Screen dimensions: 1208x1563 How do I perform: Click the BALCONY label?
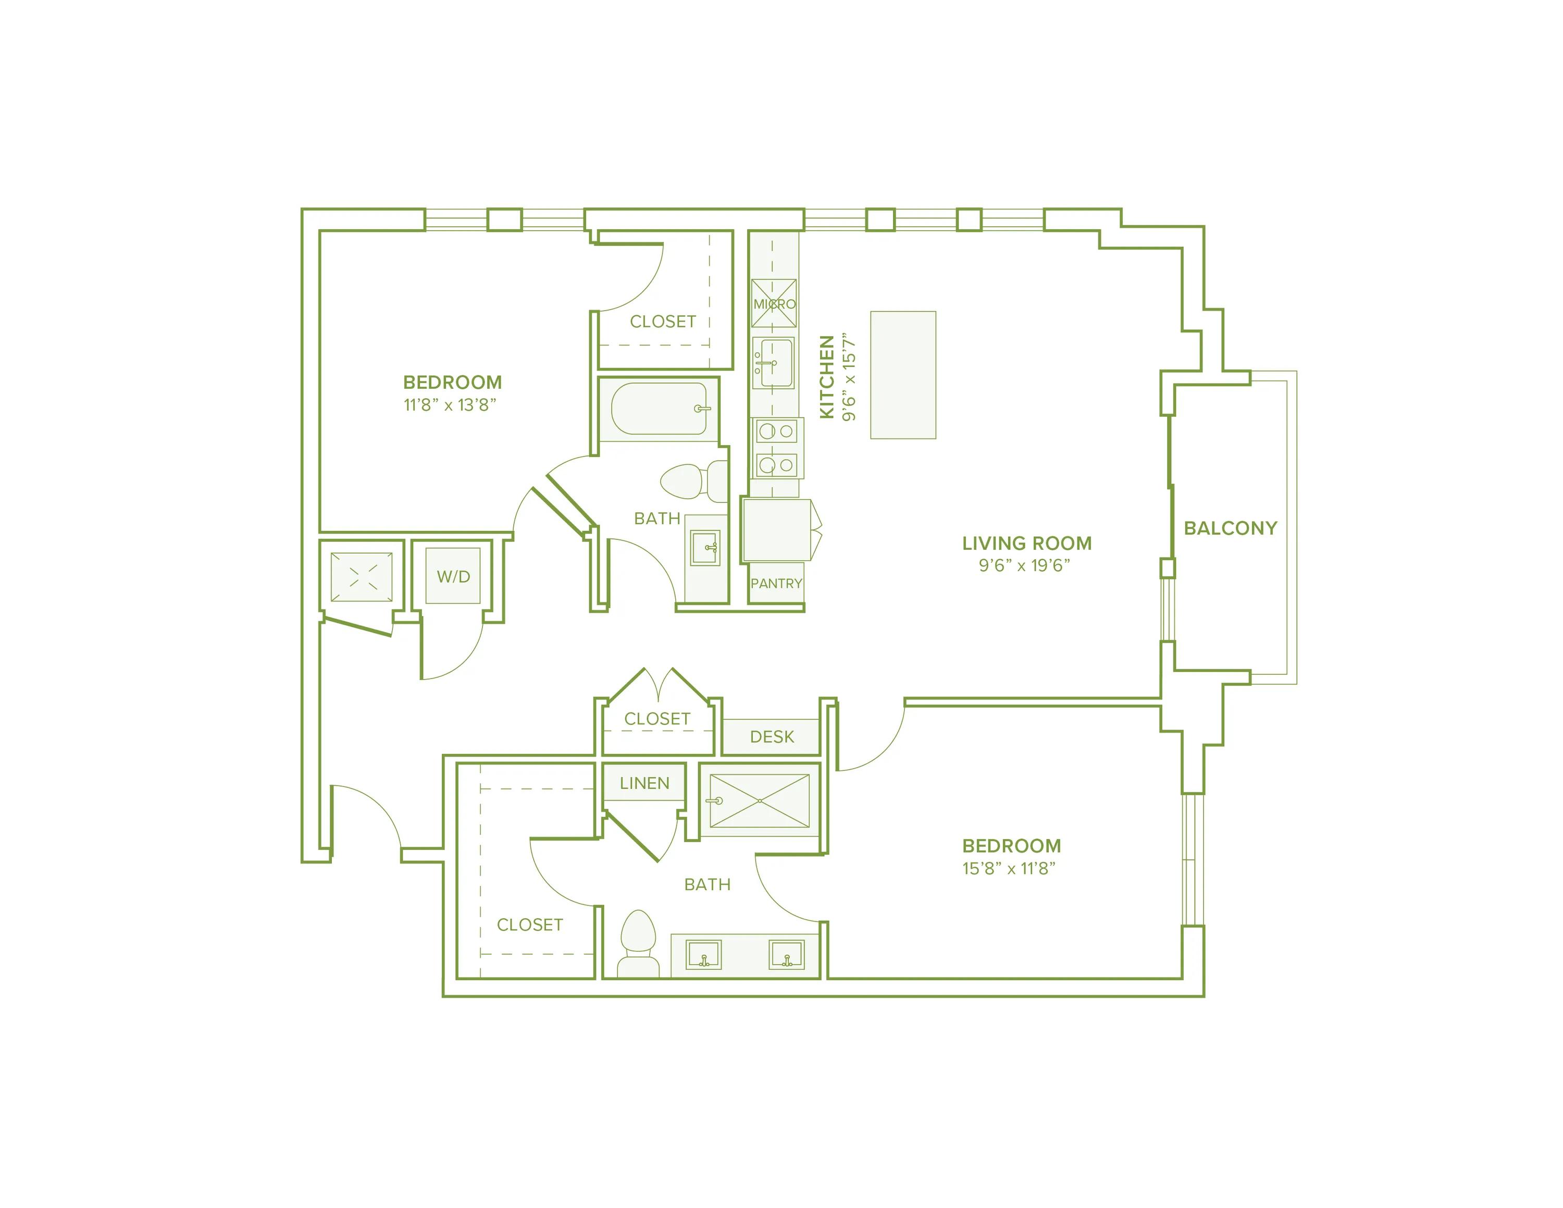1230,528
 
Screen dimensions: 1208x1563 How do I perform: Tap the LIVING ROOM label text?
1026,543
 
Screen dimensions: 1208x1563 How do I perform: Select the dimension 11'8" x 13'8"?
450,405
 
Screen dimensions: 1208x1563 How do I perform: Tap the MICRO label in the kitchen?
774,304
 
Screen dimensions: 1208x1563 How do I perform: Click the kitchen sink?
773,363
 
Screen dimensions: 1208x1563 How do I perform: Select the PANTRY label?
776,583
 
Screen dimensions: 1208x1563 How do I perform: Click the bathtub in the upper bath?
659,409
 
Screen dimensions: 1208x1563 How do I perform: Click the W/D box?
453,576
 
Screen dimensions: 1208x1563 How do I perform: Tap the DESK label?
772,736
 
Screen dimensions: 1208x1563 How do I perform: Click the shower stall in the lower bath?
759,801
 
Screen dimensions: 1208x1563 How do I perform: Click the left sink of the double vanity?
703,955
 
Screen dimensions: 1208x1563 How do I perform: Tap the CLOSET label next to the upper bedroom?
662,322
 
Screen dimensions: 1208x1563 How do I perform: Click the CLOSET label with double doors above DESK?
657,719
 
